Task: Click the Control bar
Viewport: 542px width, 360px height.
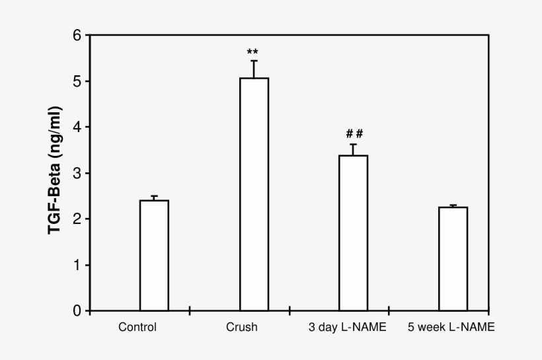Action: coord(154,255)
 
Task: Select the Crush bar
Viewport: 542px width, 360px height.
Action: coord(254,194)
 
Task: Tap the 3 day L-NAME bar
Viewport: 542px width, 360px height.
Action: coord(354,233)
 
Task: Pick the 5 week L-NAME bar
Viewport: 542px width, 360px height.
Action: coord(453,258)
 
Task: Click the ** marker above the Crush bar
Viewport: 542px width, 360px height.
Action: coord(252,52)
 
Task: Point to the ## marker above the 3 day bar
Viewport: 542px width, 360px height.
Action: coord(354,134)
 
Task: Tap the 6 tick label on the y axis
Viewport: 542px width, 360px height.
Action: coord(77,36)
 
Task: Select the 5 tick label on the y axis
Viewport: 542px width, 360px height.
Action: coord(77,81)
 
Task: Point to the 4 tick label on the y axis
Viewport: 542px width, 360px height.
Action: coord(77,127)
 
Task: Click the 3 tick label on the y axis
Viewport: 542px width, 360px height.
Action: coord(77,173)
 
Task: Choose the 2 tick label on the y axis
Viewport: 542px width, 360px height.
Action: coord(77,219)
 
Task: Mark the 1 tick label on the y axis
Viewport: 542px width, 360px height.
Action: coord(77,265)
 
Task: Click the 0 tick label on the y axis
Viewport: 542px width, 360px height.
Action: coord(77,310)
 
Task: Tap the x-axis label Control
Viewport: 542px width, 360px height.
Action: coord(137,327)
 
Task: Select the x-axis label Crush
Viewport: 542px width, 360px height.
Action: coord(241,327)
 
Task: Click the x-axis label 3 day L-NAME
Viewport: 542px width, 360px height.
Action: coord(348,327)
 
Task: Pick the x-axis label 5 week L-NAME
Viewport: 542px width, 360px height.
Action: coord(451,327)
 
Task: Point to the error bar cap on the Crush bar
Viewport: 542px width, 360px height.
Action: coord(254,61)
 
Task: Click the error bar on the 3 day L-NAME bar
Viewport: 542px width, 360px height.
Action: coord(354,149)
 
